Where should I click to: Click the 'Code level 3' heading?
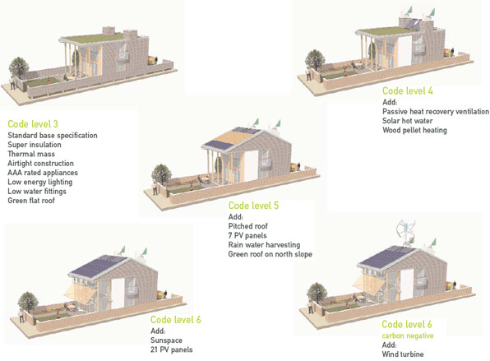pyautogui.click(x=33, y=124)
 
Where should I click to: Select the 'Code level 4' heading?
pyautogui.click(x=408, y=91)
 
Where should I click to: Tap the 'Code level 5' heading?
pyautogui.click(x=253, y=206)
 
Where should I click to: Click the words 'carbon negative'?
pyautogui.click(x=408, y=336)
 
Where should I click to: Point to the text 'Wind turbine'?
pyautogui.click(x=403, y=354)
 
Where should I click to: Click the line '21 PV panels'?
pyautogui.click(x=172, y=349)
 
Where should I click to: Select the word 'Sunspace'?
pyautogui.click(x=166, y=340)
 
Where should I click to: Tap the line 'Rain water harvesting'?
pyautogui.click(x=264, y=245)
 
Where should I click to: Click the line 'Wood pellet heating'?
pyautogui.click(x=414, y=130)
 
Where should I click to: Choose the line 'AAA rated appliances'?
pyautogui.click(x=43, y=173)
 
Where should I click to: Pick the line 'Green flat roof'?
pyautogui.click(x=31, y=201)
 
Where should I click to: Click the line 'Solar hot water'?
pyautogui.click(x=408, y=121)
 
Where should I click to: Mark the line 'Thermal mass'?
pyautogui.click(x=31, y=154)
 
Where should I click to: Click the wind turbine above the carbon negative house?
pyautogui.click(x=406, y=232)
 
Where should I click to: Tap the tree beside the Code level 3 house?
pyautogui.click(x=19, y=67)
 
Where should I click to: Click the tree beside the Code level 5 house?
pyautogui.click(x=161, y=174)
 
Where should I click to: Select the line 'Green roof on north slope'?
pyautogui.click(x=270, y=254)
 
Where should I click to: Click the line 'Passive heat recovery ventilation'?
pyautogui.click(x=436, y=111)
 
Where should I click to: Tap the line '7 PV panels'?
pyautogui.click(x=247, y=235)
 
